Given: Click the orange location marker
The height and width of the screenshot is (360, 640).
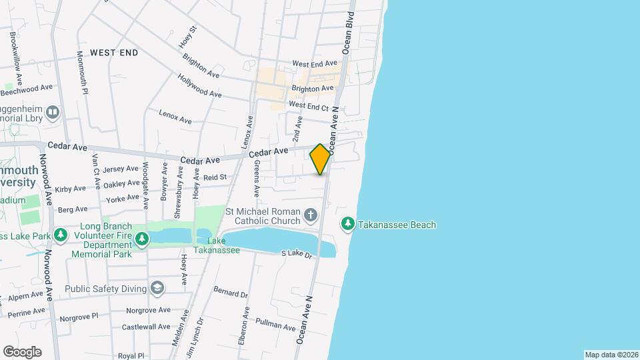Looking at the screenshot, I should coord(320,159).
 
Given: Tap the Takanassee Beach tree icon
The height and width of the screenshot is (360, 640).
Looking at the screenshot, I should coord(347,225).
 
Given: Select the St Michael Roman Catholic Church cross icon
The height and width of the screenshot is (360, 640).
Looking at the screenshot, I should coord(310,215).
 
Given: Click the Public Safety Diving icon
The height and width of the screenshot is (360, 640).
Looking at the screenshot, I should coord(157,288).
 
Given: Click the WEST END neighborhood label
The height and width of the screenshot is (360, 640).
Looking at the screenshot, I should coord(114,53).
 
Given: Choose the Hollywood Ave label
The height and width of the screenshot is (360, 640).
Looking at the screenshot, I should coord(199,85).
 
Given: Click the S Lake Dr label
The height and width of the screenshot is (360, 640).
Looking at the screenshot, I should coord(297,254).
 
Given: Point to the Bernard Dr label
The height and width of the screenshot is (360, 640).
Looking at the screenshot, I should coord(231,292).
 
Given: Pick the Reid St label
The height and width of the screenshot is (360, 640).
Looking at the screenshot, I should coord(215,177).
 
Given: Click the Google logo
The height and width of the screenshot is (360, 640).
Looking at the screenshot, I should coord(22,351).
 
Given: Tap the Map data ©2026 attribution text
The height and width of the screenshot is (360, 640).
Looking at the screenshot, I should coord(611,355).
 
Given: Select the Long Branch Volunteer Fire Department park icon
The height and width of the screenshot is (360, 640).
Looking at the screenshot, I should coord(141,238).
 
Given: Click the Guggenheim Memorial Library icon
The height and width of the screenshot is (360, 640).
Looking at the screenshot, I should coord(53,111).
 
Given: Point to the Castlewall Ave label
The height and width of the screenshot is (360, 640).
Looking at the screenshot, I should coord(146,327).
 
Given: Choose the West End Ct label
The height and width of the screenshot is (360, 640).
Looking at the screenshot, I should coord(309,106).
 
